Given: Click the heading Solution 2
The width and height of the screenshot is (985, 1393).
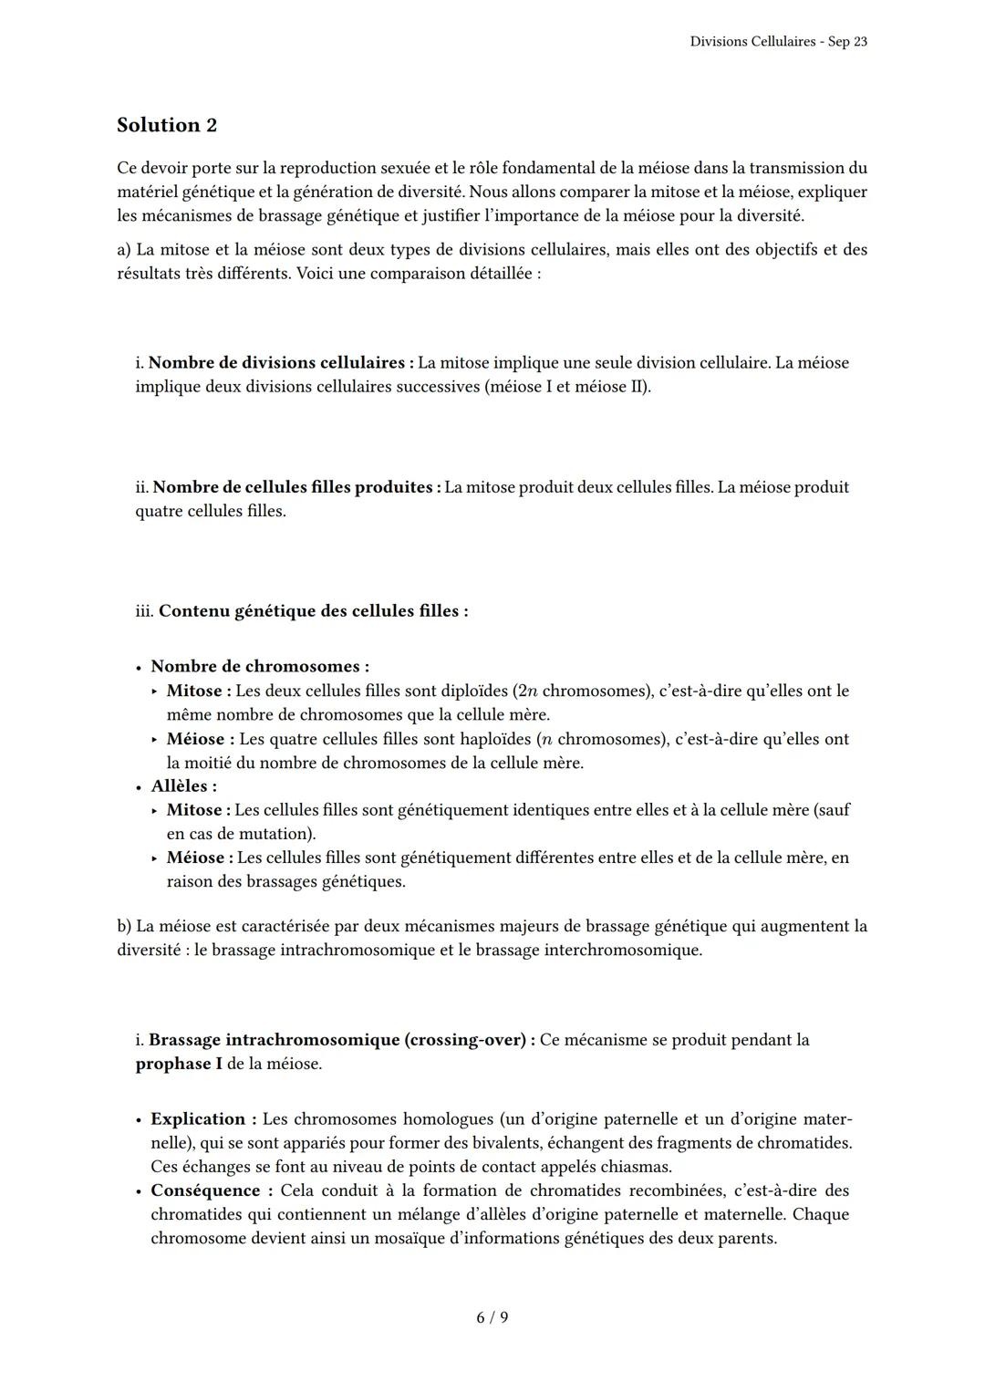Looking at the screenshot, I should point(167,125).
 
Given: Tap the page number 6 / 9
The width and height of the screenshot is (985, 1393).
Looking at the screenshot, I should point(493,1317).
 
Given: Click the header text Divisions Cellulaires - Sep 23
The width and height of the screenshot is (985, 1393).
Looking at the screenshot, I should point(778,42).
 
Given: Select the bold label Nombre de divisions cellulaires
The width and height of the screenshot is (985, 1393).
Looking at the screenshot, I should point(282,363).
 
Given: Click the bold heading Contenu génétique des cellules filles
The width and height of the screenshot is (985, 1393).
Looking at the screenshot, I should point(313,611).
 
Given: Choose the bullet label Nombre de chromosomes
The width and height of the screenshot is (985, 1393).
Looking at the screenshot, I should point(260,667).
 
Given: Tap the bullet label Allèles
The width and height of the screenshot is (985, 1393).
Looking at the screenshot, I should point(183,786).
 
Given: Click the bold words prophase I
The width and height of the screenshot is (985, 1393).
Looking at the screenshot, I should point(179,1064).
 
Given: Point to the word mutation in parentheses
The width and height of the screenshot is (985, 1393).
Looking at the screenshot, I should point(274,834).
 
